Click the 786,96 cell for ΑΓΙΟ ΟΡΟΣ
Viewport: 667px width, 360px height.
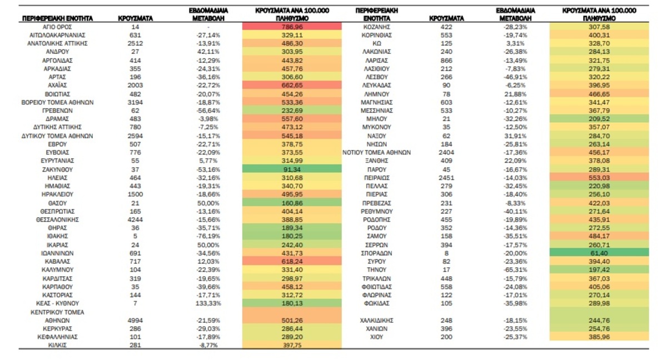point(292,27)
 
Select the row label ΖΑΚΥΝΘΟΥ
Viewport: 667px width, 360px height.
point(57,169)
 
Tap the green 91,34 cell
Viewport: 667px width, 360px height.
point(292,169)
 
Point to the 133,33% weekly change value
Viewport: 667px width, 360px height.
point(208,303)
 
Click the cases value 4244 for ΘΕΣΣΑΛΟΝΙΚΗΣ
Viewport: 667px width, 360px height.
point(135,219)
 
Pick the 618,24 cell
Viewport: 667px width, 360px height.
point(292,261)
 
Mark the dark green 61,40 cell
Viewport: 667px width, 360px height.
point(599,253)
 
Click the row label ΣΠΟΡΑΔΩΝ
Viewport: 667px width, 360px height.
point(376,253)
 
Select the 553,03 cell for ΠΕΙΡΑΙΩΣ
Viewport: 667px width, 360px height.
point(599,178)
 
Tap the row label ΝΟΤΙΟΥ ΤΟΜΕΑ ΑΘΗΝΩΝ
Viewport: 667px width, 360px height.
point(376,153)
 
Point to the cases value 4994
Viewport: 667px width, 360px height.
point(135,321)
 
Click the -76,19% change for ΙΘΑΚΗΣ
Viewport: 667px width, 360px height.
point(208,236)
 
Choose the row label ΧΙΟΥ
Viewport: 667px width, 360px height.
point(376,337)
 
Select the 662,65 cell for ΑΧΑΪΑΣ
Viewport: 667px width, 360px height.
point(292,85)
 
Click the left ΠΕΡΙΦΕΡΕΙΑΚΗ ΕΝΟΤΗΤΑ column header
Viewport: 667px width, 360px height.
point(57,18)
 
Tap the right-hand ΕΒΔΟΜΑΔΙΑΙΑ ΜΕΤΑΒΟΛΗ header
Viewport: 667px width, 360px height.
point(515,14)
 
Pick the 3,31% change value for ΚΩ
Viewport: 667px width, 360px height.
point(515,43)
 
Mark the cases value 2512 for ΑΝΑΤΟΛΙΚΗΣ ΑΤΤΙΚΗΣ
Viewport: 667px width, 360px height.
point(135,43)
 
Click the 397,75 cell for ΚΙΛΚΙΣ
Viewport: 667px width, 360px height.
point(292,345)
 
